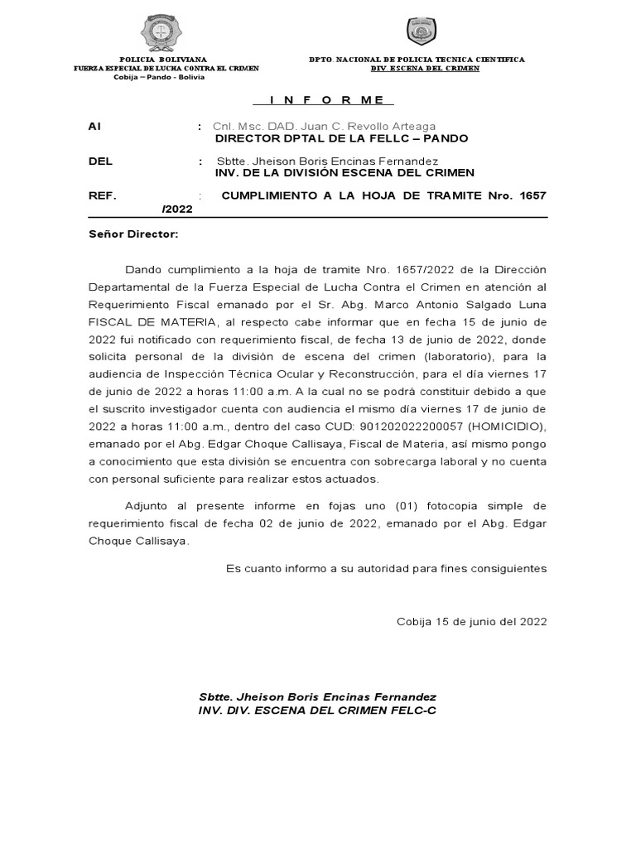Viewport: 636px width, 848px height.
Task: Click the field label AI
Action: pos(94,127)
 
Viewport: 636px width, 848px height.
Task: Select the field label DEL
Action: pos(100,161)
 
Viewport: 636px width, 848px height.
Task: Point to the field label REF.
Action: pos(102,195)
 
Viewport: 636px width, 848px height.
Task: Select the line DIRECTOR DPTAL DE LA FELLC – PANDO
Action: pos(341,138)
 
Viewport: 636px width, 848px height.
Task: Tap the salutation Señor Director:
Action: pos(132,234)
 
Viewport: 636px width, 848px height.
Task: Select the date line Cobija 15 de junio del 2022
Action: pos(472,620)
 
